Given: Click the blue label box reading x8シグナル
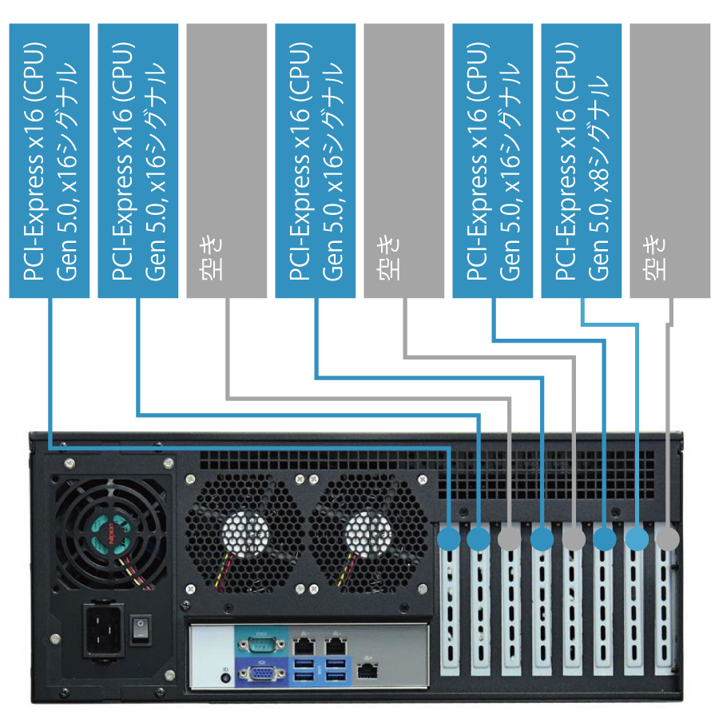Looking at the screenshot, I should [x=581, y=160].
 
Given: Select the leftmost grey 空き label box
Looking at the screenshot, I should [x=226, y=160].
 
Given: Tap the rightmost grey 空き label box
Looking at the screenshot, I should [x=669, y=160].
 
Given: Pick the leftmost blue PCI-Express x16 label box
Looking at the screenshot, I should [x=49, y=160].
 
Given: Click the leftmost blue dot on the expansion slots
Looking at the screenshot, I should [x=449, y=539].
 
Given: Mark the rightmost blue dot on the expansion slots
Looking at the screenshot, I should [x=637, y=539].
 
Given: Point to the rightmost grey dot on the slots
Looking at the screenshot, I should [x=667, y=539].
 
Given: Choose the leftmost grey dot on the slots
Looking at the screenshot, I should [x=510, y=539].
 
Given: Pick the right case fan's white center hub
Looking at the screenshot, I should [x=366, y=532].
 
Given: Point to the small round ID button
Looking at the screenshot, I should [x=225, y=677].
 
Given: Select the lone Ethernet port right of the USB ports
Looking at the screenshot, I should [x=367, y=672].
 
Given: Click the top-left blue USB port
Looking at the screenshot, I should [x=304, y=662].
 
